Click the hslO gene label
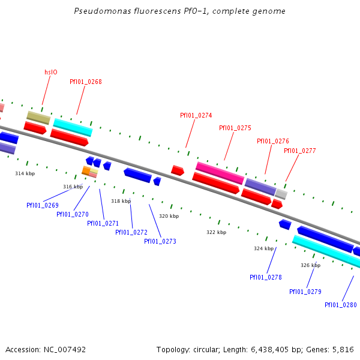click(x=51, y=72)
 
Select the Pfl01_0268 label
click(x=85, y=82)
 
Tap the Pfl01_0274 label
click(x=196, y=115)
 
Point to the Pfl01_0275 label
click(x=235, y=128)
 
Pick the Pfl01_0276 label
click(x=272, y=141)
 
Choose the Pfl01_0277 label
click(x=299, y=151)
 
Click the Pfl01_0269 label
click(x=42, y=205)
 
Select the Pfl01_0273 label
click(x=160, y=241)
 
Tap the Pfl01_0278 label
click(x=265, y=277)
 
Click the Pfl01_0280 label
click(x=340, y=305)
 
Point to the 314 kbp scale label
click(x=25, y=173)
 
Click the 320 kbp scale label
click(x=169, y=216)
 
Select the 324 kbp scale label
click(x=263, y=248)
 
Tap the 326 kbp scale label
click(x=310, y=265)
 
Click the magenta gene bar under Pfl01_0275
click(x=220, y=173)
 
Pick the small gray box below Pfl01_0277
click(x=281, y=194)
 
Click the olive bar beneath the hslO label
click(x=38, y=118)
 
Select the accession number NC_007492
click(x=64, y=349)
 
